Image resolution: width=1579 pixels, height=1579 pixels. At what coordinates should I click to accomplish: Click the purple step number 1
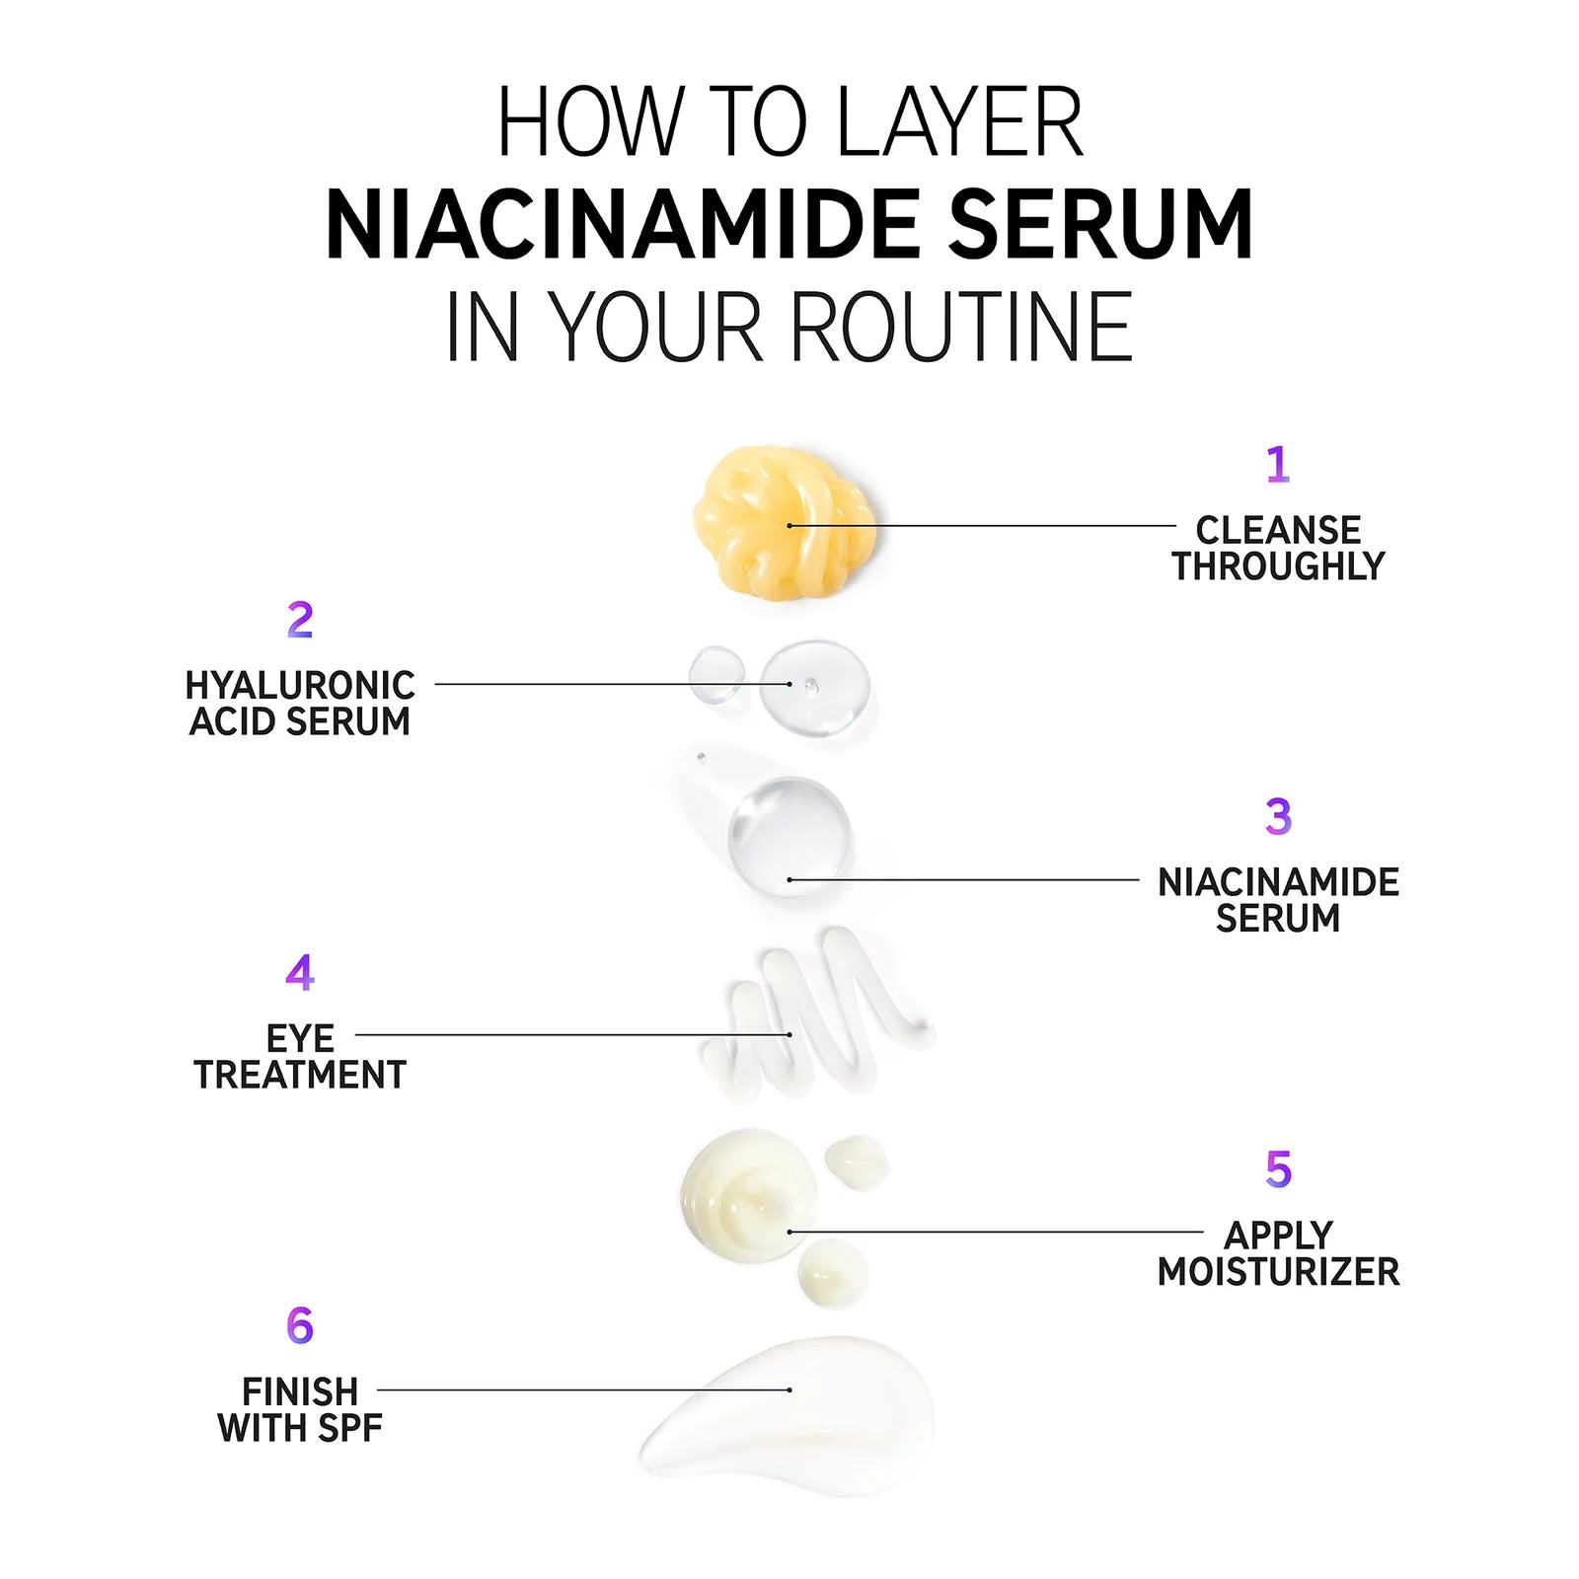1278,464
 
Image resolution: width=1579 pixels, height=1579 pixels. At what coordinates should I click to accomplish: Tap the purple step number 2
300,620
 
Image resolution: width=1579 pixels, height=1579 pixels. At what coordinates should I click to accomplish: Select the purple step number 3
1278,816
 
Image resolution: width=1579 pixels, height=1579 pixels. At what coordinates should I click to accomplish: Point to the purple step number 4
300,973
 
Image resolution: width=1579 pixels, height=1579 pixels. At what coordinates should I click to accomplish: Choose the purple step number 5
1278,1169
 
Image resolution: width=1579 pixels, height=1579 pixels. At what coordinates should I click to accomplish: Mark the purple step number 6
300,1325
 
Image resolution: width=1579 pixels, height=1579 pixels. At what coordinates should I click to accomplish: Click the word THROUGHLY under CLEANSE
1278,566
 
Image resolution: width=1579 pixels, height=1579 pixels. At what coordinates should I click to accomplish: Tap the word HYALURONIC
300,685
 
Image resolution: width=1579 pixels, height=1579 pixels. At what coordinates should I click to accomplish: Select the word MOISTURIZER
1278,1272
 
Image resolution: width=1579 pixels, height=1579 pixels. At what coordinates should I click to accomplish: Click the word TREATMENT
300,1075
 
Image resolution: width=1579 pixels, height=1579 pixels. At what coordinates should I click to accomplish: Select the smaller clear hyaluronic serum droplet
716,674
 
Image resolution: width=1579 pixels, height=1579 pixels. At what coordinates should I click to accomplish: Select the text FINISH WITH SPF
300,1409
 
